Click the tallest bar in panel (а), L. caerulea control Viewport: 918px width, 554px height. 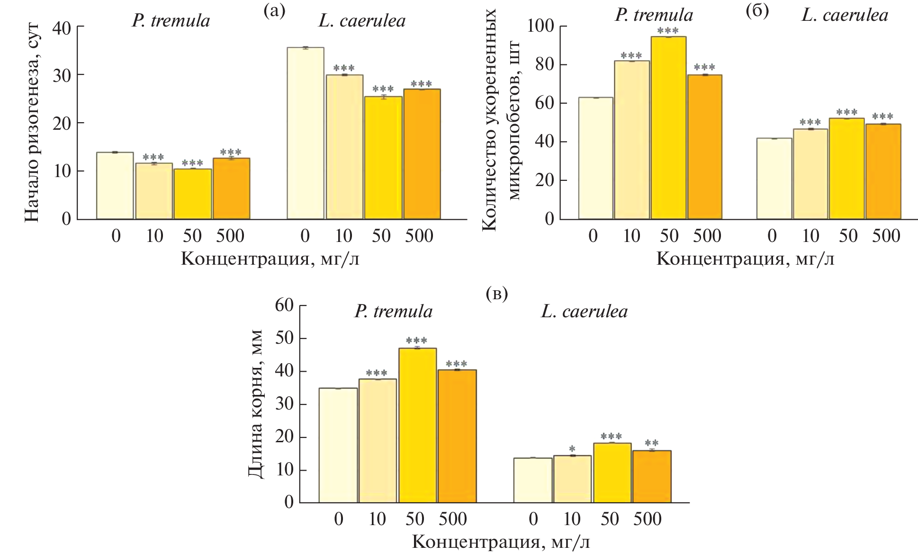[x=306, y=133]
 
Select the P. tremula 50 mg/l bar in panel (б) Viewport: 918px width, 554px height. [x=668, y=128]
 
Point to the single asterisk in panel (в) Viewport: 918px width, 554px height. [x=572, y=448]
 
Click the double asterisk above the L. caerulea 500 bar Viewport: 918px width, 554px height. [x=652, y=444]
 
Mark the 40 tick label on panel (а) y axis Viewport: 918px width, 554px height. [x=62, y=27]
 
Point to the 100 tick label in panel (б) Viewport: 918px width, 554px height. [x=540, y=26]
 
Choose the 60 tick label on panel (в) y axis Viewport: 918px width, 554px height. [x=284, y=305]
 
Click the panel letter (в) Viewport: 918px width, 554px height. [x=497, y=294]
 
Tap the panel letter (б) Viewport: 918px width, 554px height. [x=757, y=10]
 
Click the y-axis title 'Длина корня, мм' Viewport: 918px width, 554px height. [x=256, y=403]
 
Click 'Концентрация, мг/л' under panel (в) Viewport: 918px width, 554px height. [x=501, y=542]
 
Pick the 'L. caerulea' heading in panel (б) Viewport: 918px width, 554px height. [x=845, y=15]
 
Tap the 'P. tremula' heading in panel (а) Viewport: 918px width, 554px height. [x=171, y=21]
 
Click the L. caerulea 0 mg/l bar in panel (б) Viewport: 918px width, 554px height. [x=774, y=179]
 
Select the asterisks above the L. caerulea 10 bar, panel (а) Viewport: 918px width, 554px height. [x=344, y=69]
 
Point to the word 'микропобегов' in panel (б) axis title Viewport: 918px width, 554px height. [x=513, y=121]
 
